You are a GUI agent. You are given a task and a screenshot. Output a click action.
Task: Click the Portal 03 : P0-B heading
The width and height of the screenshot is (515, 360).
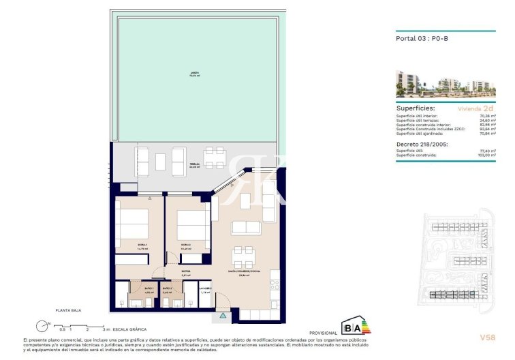tap(422, 39)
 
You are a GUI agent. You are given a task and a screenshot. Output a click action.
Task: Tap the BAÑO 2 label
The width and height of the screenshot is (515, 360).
tap(167, 290)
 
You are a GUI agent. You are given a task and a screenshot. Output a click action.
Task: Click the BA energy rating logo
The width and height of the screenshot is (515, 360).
tap(356, 325)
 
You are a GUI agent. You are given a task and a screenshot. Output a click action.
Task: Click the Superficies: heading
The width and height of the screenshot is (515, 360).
tap(416, 108)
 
